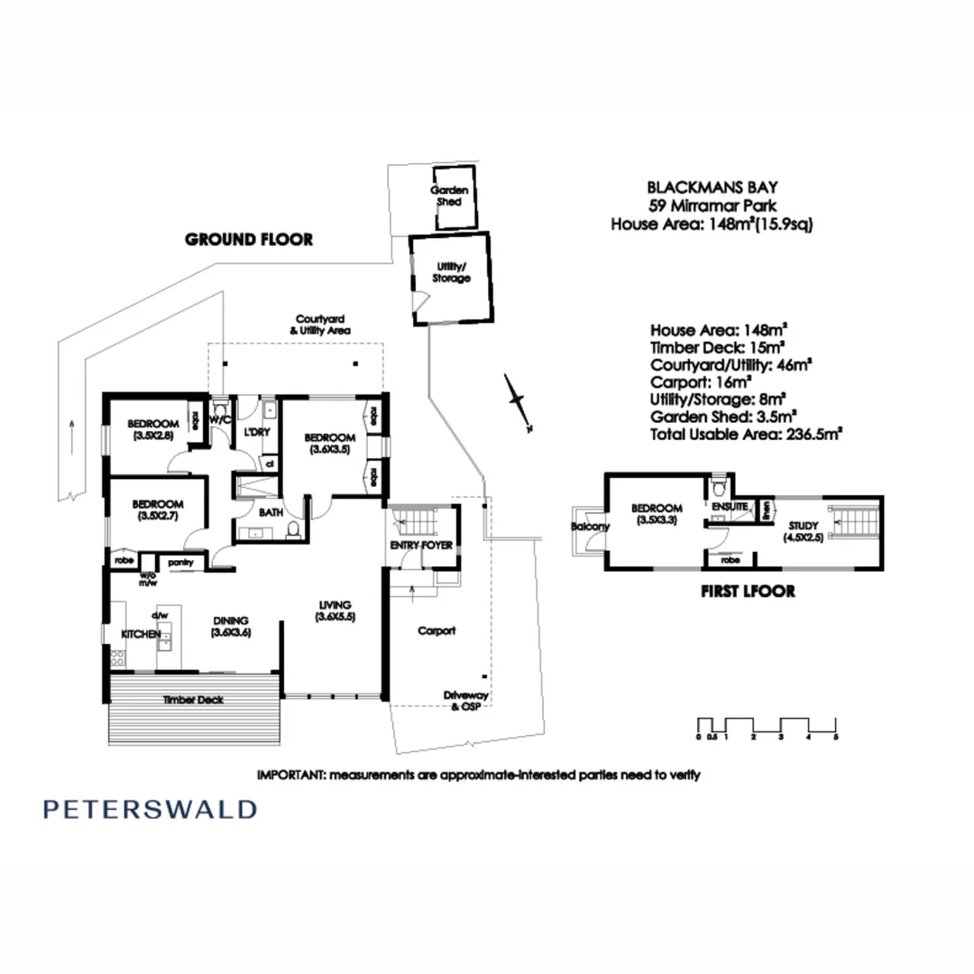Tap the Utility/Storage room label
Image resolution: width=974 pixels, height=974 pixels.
(x=451, y=272)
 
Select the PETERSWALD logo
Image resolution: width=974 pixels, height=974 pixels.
(x=150, y=808)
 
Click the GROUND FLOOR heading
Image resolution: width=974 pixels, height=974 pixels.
(x=249, y=240)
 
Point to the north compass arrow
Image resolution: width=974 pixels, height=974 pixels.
(x=518, y=400)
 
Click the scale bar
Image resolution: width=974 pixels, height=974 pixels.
(x=767, y=727)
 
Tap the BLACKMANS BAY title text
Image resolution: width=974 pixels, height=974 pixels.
(x=712, y=188)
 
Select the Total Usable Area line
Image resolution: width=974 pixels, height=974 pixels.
(x=746, y=434)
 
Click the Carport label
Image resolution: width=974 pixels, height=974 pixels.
(x=436, y=631)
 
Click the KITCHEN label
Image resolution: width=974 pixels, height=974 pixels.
(x=141, y=635)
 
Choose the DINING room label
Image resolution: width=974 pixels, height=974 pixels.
(x=231, y=627)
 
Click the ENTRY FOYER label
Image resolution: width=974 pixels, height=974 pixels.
(x=421, y=546)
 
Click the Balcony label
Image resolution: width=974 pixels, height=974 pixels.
(x=591, y=527)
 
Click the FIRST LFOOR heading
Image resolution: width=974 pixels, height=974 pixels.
(x=748, y=593)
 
